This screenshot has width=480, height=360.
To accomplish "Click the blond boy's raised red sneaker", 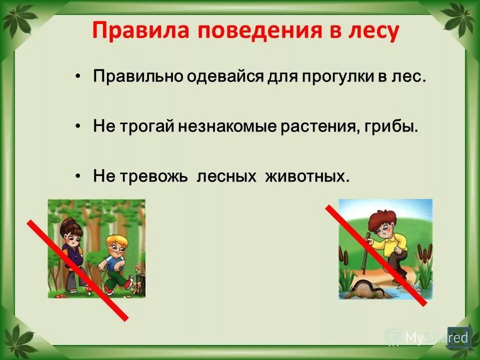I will click(x=128, y=283).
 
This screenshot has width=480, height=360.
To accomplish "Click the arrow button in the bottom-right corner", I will click(x=459, y=338).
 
